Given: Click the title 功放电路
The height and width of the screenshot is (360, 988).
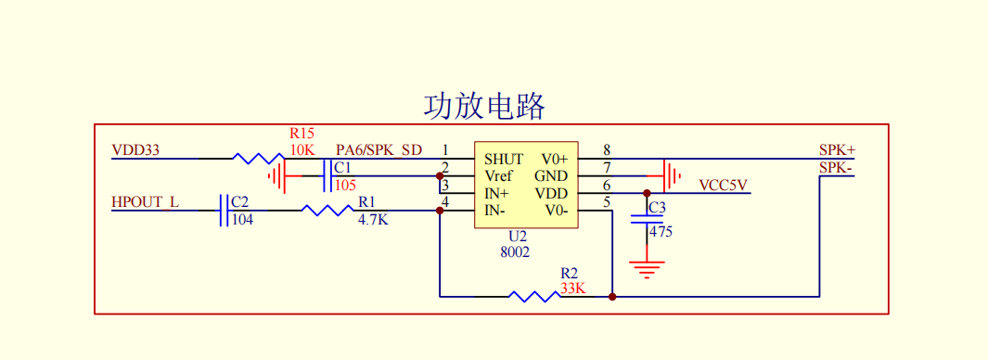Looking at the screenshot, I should click(x=484, y=106).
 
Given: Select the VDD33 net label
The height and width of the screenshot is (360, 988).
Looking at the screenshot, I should click(x=135, y=149).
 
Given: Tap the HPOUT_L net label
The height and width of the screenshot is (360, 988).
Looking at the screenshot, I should click(x=145, y=201).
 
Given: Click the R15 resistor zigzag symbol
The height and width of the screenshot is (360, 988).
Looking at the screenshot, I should click(x=259, y=159).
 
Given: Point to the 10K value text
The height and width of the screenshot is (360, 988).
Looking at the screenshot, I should click(x=302, y=149).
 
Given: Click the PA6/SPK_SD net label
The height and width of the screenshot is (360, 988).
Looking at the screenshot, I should click(x=379, y=149).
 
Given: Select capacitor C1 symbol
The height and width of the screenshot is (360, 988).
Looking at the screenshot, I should click(x=327, y=175).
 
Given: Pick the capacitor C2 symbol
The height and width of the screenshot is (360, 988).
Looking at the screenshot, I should click(x=224, y=211).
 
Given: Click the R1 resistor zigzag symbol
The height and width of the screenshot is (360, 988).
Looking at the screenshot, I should click(x=327, y=211).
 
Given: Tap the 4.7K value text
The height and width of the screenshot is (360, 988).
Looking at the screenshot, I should click(x=373, y=221).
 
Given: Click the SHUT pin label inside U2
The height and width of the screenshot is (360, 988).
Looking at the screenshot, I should click(x=504, y=159).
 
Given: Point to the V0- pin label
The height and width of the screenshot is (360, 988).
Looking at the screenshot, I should click(x=556, y=211).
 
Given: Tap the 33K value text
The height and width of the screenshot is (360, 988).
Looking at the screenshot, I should click(x=572, y=289).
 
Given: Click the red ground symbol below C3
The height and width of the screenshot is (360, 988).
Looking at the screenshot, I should click(x=647, y=269).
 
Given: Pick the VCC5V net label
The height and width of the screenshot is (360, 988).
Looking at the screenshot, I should click(x=723, y=185).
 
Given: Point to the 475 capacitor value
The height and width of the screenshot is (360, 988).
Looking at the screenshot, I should click(x=661, y=232).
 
